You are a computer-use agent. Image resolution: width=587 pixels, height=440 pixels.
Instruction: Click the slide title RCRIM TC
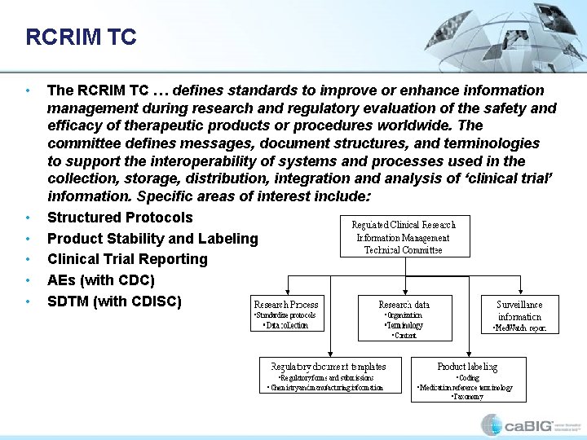(81, 37)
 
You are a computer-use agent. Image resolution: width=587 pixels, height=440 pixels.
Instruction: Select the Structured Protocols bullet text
(120, 218)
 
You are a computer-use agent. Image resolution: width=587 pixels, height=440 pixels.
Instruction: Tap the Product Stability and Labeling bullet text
(152, 239)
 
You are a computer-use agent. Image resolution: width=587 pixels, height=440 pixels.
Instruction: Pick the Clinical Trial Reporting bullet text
(127, 259)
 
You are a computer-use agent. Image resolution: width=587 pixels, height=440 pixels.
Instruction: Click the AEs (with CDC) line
(101, 280)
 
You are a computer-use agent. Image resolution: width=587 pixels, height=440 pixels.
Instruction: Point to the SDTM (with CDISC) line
(114, 301)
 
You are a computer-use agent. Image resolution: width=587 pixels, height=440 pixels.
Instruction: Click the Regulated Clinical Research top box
(404, 236)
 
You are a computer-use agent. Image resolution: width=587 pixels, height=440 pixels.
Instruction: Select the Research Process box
(286, 313)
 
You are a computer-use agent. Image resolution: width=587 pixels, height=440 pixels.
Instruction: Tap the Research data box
(404, 317)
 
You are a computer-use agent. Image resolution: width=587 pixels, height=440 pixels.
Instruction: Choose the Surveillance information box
(519, 314)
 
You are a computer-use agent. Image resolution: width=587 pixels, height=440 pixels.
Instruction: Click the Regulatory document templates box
(328, 376)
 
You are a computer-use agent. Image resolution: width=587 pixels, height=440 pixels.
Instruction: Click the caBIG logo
(522, 425)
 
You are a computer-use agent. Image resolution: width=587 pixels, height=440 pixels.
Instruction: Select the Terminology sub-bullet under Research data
(404, 325)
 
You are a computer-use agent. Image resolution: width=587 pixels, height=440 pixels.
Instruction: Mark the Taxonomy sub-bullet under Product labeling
(467, 397)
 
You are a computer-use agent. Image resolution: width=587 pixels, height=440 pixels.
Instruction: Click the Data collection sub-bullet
(286, 325)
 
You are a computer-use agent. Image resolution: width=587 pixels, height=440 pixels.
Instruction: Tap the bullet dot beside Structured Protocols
(29, 218)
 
